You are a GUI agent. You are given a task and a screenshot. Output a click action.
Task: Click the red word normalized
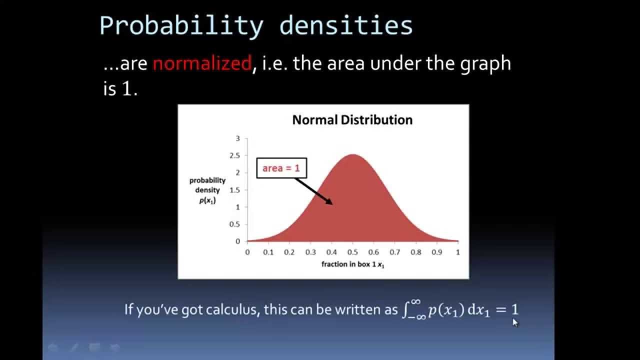[x=201, y=63]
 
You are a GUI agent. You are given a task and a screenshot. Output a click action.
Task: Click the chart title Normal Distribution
[x=352, y=120]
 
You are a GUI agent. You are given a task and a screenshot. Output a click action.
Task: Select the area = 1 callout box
[x=281, y=168]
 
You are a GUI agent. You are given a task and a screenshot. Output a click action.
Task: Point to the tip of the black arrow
[x=332, y=203]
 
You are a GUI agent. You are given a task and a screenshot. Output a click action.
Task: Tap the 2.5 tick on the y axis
[x=235, y=155]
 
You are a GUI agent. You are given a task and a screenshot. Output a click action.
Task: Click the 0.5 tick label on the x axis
[x=352, y=252]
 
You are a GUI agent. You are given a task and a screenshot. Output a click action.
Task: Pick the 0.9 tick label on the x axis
[x=437, y=252]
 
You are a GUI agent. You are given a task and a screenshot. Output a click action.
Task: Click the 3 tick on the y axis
[x=238, y=138]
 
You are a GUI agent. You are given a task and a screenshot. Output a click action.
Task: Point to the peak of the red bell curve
[x=352, y=154]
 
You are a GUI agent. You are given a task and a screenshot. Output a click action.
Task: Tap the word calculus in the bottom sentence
[x=231, y=309]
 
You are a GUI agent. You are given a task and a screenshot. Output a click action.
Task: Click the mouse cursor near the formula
[x=515, y=322]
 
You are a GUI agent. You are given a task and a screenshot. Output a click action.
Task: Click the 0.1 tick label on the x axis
[x=268, y=252]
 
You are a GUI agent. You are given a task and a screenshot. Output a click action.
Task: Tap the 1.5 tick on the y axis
[x=235, y=190]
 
